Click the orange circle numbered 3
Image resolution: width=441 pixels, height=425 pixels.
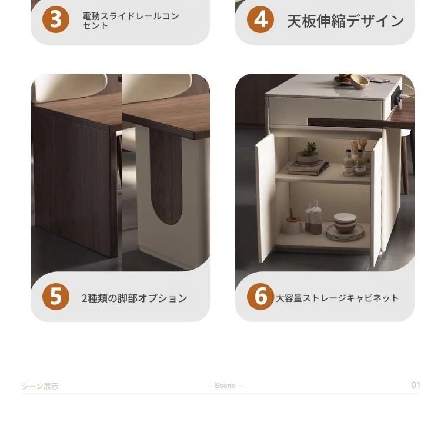pos(56,19)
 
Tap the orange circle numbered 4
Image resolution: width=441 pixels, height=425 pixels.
pos(260,19)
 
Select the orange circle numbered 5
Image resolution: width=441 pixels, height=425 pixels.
pos(56,297)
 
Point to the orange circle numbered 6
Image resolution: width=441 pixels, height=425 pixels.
pos(260,297)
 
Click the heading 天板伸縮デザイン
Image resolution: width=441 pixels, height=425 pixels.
pos(345,21)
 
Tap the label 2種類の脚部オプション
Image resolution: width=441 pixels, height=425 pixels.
pos(135,298)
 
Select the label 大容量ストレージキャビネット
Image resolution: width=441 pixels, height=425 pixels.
pos(337,298)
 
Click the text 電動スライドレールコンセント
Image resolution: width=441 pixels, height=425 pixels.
pos(131,21)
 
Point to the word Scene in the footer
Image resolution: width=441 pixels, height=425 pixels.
pos(225,386)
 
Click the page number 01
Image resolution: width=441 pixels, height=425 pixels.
pos(416,385)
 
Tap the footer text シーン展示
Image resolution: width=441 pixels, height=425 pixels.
pos(40,386)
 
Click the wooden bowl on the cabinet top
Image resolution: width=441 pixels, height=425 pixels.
pos(359,81)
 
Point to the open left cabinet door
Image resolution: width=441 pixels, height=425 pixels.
pos(265,198)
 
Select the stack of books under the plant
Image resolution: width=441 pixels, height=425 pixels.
pos(308,168)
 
